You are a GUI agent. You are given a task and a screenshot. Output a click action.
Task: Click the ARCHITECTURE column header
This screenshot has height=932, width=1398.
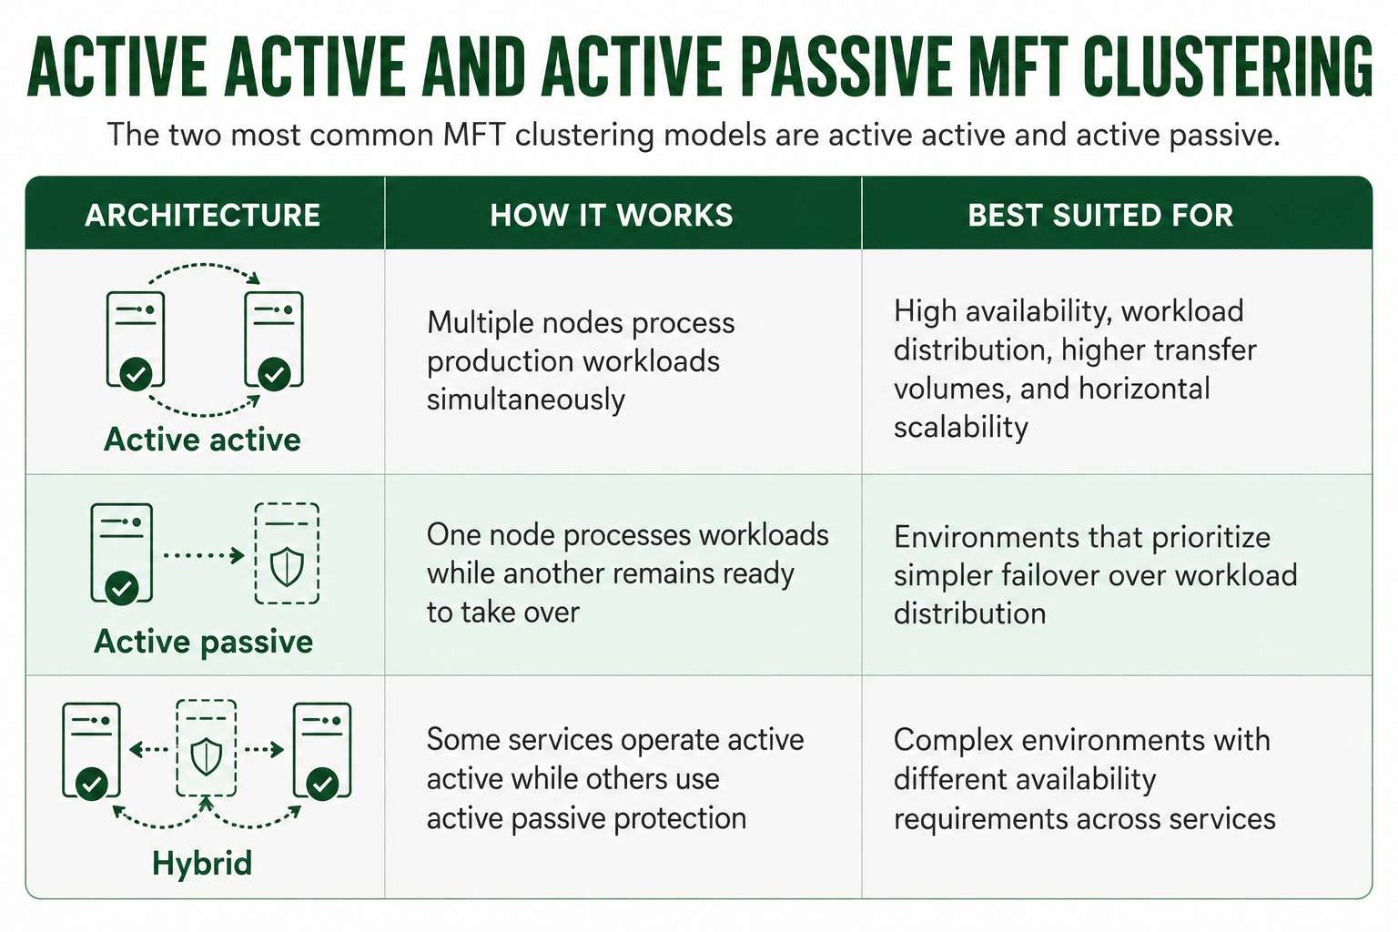[x=202, y=216]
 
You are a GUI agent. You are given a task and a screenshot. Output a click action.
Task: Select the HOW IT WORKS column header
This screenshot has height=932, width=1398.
[x=611, y=216]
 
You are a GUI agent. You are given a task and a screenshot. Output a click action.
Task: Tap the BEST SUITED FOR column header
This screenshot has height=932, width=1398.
[x=1100, y=216]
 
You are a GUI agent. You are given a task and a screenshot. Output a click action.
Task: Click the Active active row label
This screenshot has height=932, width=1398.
[x=202, y=440]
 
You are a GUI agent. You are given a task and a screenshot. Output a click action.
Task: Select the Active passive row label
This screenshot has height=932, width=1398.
[x=203, y=642]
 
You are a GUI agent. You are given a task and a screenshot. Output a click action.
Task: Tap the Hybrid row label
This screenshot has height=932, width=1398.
[x=202, y=864]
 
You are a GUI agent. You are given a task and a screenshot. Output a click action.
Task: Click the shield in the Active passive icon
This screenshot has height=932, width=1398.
[x=287, y=567]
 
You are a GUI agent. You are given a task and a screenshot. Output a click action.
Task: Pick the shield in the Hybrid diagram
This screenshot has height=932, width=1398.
[x=206, y=757]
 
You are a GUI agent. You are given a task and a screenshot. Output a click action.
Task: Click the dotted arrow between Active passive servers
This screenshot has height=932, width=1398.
[x=204, y=555]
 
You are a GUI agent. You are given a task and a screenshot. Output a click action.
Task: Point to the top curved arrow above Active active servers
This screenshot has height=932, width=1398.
[x=204, y=265]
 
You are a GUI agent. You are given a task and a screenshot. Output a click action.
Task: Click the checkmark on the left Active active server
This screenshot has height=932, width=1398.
[x=136, y=374]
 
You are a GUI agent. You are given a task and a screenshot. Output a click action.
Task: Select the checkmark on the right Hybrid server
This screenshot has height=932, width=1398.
[x=322, y=784]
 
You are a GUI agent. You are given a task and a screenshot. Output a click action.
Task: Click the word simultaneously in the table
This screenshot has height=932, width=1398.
[x=525, y=400]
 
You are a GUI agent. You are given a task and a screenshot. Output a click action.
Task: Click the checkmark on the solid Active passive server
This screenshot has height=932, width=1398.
[x=122, y=588]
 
